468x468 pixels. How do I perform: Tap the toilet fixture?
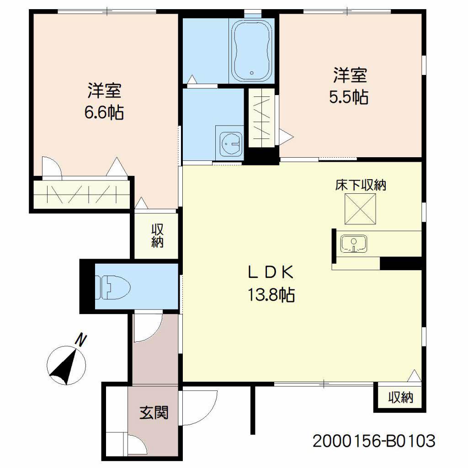pyautogui.click(x=113, y=287)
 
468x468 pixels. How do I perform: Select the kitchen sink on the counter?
pyautogui.click(x=354, y=244)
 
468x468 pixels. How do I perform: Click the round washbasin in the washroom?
pyautogui.click(x=232, y=143)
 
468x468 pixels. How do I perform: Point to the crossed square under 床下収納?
pyautogui.click(x=360, y=208)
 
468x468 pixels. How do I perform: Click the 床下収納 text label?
pyautogui.click(x=361, y=185)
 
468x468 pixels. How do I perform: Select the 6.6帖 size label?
pyautogui.click(x=104, y=112)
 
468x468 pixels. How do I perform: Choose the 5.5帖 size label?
pyautogui.click(x=349, y=97)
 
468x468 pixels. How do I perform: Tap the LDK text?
pyautogui.click(x=271, y=272)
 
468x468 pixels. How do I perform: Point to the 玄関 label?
pyautogui.click(x=154, y=413)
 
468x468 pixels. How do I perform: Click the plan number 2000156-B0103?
pyautogui.click(x=374, y=441)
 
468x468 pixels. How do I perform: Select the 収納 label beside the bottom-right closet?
pyautogui.click(x=400, y=397)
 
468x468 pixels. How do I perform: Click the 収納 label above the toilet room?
pyautogui.click(x=157, y=236)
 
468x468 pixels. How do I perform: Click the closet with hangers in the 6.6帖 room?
pyautogui.click(x=81, y=194)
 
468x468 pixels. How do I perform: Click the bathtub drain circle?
pyautogui.click(x=252, y=73)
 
